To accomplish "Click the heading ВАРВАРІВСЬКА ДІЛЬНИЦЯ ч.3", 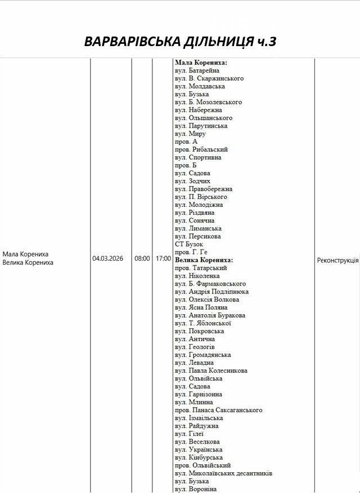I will click(x=180, y=42).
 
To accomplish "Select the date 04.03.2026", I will click(x=107, y=259).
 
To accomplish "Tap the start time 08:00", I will click(x=142, y=259).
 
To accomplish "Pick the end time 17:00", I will click(x=163, y=259).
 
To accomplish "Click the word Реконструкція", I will click(x=337, y=260).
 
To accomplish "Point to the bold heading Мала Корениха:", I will click(x=201, y=63).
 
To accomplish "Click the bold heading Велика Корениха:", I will click(x=204, y=260).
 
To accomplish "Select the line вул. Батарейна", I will click(x=197, y=71).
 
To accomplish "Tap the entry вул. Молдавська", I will click(x=200, y=87).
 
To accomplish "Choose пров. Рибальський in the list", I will click(x=201, y=150).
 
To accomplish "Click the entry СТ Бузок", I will click(x=190, y=245).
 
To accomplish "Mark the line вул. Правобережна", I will click(x=203, y=189).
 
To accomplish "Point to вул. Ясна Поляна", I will click(x=201, y=307).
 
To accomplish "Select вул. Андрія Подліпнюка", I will click(x=211, y=292).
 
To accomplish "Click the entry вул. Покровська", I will click(x=199, y=331).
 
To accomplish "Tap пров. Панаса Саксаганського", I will click(x=218, y=410).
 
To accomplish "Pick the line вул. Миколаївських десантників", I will click(x=223, y=473).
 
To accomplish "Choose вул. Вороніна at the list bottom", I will click(x=195, y=489).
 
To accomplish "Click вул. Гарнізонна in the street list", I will click(x=198, y=395).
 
